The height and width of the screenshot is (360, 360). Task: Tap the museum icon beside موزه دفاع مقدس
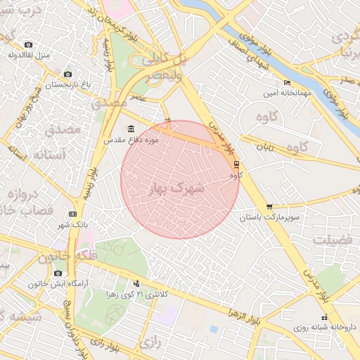click(131, 129)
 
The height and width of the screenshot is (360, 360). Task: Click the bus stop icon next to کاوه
click(236, 164)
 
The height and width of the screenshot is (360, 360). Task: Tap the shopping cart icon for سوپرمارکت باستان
click(270, 207)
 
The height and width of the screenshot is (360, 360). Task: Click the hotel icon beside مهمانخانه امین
click(285, 82)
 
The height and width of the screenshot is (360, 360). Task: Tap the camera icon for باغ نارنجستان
click(68, 74)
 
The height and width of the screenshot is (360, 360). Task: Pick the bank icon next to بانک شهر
click(72, 214)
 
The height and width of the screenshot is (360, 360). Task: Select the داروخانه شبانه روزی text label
click(319, 328)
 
